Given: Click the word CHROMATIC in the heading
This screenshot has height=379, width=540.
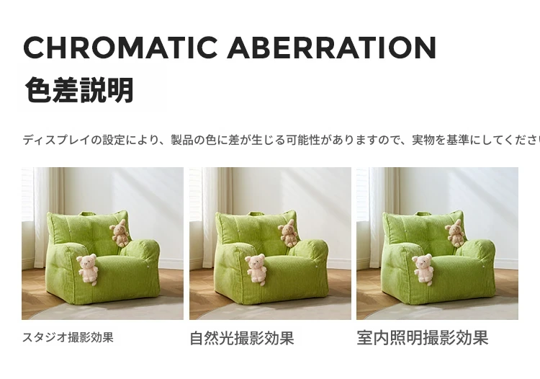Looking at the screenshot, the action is (120, 48).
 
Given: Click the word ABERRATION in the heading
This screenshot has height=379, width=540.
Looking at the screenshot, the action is (332, 48).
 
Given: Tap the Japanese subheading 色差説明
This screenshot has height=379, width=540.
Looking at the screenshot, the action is (79, 90).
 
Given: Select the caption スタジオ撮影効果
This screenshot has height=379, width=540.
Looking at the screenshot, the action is (68, 337).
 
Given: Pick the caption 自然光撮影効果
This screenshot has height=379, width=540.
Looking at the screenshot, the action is (242, 338).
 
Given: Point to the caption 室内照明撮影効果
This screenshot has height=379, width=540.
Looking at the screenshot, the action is (422, 338).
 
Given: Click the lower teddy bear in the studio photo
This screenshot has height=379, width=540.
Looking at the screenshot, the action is (87, 269).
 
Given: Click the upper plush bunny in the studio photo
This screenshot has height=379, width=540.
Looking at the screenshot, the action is (120, 233).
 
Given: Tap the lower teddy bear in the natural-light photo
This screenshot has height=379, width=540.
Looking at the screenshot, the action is (256, 269).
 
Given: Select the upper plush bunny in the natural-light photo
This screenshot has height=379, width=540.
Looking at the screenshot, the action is (288, 233).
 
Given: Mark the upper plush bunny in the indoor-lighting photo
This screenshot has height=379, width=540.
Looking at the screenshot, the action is (454, 233).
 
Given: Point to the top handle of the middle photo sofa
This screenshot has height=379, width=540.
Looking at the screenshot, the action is (256, 213).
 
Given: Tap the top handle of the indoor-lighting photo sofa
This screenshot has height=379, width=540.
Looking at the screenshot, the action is (423, 213).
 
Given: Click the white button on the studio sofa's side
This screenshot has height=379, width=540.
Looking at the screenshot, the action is (148, 267).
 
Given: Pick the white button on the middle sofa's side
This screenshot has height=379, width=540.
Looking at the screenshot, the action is (317, 267).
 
